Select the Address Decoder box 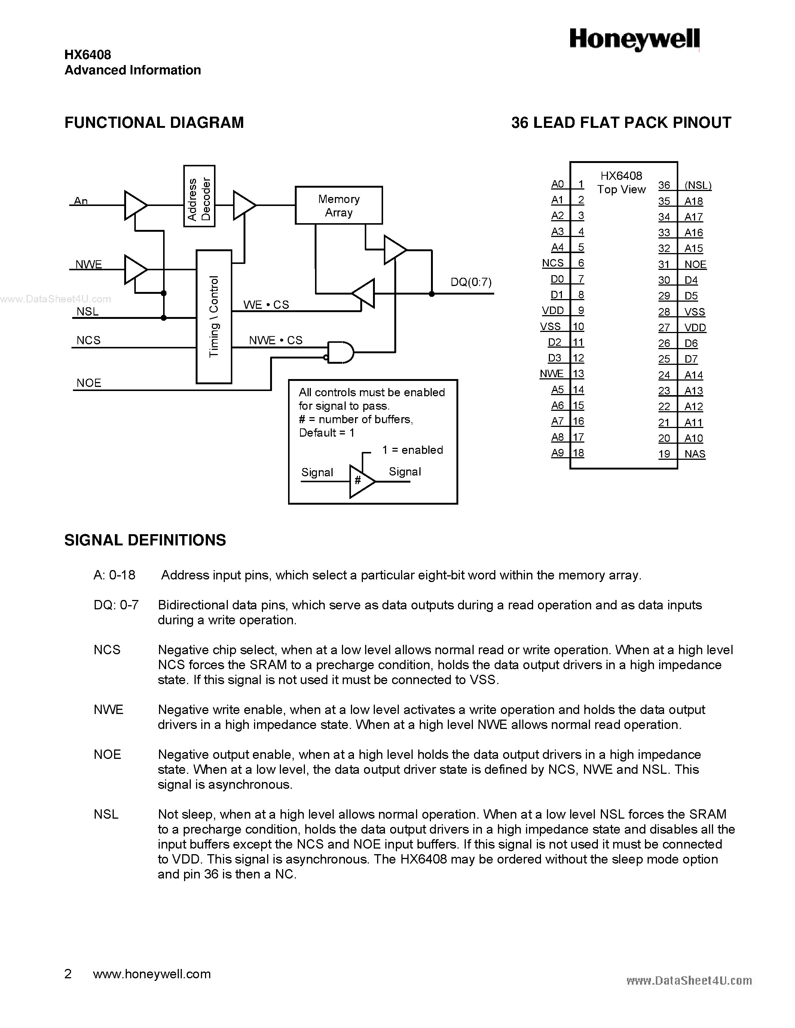tap(199, 196)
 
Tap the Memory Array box tap(339, 205)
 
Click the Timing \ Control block tap(214, 316)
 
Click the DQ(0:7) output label tap(471, 282)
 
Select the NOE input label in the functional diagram tap(89, 383)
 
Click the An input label tap(81, 200)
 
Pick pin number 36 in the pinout tap(664, 185)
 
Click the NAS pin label tap(695, 454)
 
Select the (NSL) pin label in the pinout tap(697, 185)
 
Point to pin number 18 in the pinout tap(578, 453)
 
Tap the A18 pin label tap(693, 201)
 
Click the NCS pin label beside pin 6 tap(553, 263)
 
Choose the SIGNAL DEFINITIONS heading tap(145, 540)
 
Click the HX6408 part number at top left tap(88, 55)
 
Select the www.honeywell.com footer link tap(152, 974)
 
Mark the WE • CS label tap(266, 305)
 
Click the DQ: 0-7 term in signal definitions tap(116, 605)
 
